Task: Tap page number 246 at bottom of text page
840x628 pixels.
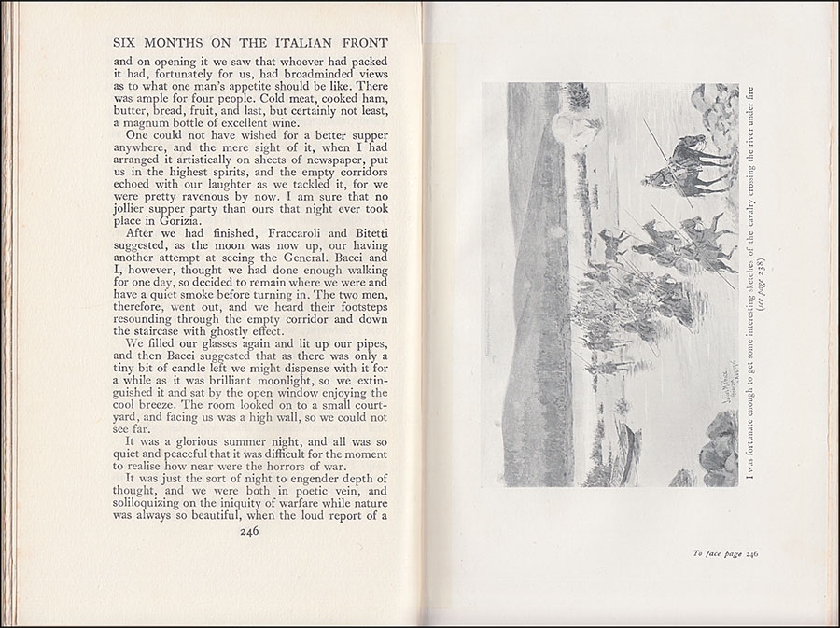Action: [248, 531]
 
